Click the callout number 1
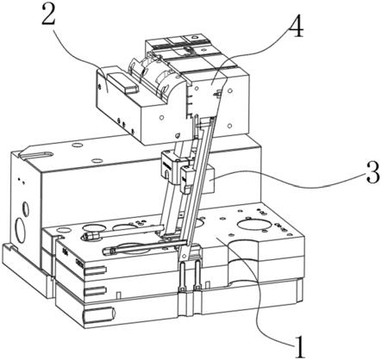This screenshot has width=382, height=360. [299, 346]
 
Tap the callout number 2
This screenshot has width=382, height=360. [48, 14]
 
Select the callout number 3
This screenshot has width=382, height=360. [373, 173]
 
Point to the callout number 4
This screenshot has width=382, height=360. [296, 27]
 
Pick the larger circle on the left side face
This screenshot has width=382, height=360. [21, 231]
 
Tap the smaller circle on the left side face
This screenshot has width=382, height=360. [26, 208]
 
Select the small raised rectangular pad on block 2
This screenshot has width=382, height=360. [122, 82]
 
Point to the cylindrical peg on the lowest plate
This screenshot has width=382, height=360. [99, 314]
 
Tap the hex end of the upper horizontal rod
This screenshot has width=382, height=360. [89, 236]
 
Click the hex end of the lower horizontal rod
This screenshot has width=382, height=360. [110, 251]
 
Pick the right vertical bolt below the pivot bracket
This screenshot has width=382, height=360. [197, 275]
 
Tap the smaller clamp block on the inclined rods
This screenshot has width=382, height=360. [187, 178]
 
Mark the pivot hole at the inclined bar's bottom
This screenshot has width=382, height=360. [185, 255]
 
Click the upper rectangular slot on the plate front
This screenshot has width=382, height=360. [94, 270]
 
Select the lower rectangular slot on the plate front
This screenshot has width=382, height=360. [95, 291]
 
